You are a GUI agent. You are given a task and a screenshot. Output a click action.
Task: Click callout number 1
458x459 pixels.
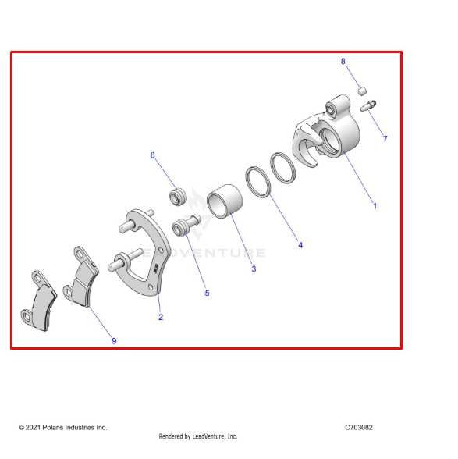tap(375, 206)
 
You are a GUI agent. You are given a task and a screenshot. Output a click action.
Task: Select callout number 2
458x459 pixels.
tap(161, 317)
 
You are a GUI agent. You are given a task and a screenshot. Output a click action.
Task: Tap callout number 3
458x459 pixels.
tap(254, 269)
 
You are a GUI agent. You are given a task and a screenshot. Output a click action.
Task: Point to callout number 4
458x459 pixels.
tap(300, 245)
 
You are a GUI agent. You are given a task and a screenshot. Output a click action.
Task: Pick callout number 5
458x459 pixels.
tap(207, 293)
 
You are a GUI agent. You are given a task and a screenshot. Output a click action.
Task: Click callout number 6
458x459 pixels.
tap(152, 155)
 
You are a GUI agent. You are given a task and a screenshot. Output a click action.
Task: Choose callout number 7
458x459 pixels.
tap(385, 139)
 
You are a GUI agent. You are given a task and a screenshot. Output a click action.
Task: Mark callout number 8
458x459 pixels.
tap(343, 61)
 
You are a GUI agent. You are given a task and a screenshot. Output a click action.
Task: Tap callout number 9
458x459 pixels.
tap(114, 340)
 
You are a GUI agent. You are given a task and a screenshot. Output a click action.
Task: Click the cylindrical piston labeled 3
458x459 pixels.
tap(225, 201)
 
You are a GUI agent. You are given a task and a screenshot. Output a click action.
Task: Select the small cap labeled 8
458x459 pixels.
tap(362, 91)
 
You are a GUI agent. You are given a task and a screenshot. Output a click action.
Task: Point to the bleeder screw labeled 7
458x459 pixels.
tap(368, 105)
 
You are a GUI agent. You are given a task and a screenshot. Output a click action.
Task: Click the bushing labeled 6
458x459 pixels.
tap(178, 197)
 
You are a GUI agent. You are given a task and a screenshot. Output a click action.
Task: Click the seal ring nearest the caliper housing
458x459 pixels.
tap(282, 167)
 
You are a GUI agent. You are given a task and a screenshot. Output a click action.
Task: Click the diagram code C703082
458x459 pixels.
tap(359, 428)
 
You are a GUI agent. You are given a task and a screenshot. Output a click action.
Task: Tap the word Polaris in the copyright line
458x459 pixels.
tap(53, 428)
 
